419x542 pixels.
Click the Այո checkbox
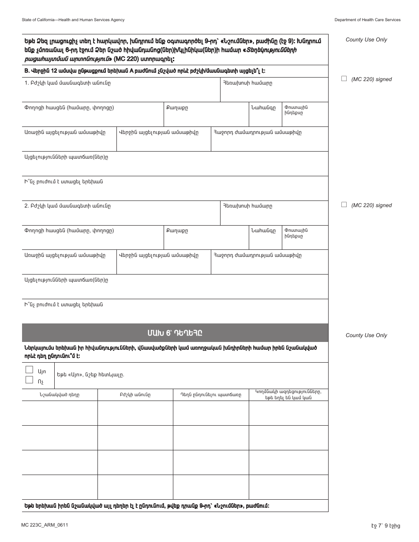[x=30, y=370]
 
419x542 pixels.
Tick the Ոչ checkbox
[x=30, y=380]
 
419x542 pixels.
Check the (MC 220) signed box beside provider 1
[x=344, y=78]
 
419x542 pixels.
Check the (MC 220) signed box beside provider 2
[x=344, y=204]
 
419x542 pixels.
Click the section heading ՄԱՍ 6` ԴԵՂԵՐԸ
[x=175, y=333]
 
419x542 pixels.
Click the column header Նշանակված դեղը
[x=60, y=395]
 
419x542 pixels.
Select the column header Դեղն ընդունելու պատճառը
[x=211, y=395]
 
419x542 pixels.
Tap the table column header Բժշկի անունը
[x=135, y=395]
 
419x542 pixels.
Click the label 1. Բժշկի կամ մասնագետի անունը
[x=67, y=83]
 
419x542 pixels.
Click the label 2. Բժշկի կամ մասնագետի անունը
[x=67, y=206]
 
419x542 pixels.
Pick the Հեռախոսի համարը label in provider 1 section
[x=247, y=83]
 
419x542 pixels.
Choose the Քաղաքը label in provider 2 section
[x=177, y=230]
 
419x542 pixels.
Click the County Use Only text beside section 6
[x=366, y=335]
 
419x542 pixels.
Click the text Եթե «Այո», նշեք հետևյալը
[x=90, y=375]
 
